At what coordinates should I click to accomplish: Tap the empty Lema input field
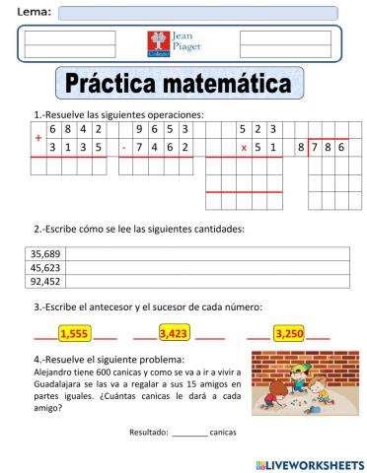pyautogui.click(x=197, y=13)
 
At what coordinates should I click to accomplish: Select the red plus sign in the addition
pyautogui.click(x=38, y=138)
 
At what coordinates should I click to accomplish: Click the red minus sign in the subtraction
pyautogui.click(x=124, y=148)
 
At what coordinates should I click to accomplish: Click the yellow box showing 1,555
pyautogui.click(x=75, y=334)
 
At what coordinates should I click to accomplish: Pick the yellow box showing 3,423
pyautogui.click(x=174, y=334)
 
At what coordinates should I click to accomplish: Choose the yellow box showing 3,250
pyautogui.click(x=290, y=334)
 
